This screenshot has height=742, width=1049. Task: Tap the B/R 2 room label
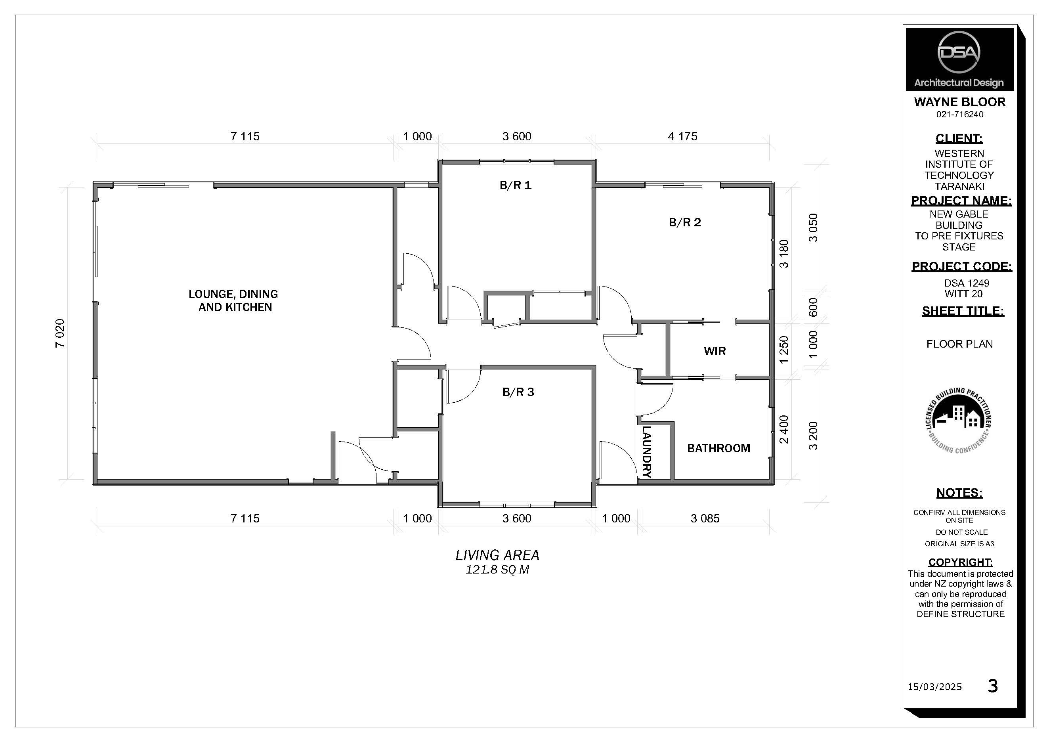coord(684,222)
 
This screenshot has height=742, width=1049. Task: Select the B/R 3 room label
coord(518,392)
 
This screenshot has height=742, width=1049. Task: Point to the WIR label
coord(715,351)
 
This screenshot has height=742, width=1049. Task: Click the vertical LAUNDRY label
coord(646,451)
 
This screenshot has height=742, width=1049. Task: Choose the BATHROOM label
coord(718,448)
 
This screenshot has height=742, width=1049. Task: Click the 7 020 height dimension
coord(60,333)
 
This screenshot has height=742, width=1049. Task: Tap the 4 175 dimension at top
coord(682,136)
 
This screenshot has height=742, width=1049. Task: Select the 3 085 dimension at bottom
coord(705,518)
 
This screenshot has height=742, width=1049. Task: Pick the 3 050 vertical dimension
coord(813,228)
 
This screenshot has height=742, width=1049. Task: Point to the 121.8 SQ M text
coord(497,570)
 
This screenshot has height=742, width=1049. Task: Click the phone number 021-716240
coord(959,114)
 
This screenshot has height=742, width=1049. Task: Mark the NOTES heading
coord(959,493)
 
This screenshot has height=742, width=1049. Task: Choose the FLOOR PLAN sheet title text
coord(959,344)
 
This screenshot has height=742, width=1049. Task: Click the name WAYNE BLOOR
coord(959,102)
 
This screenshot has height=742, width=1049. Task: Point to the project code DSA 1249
coord(966,283)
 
